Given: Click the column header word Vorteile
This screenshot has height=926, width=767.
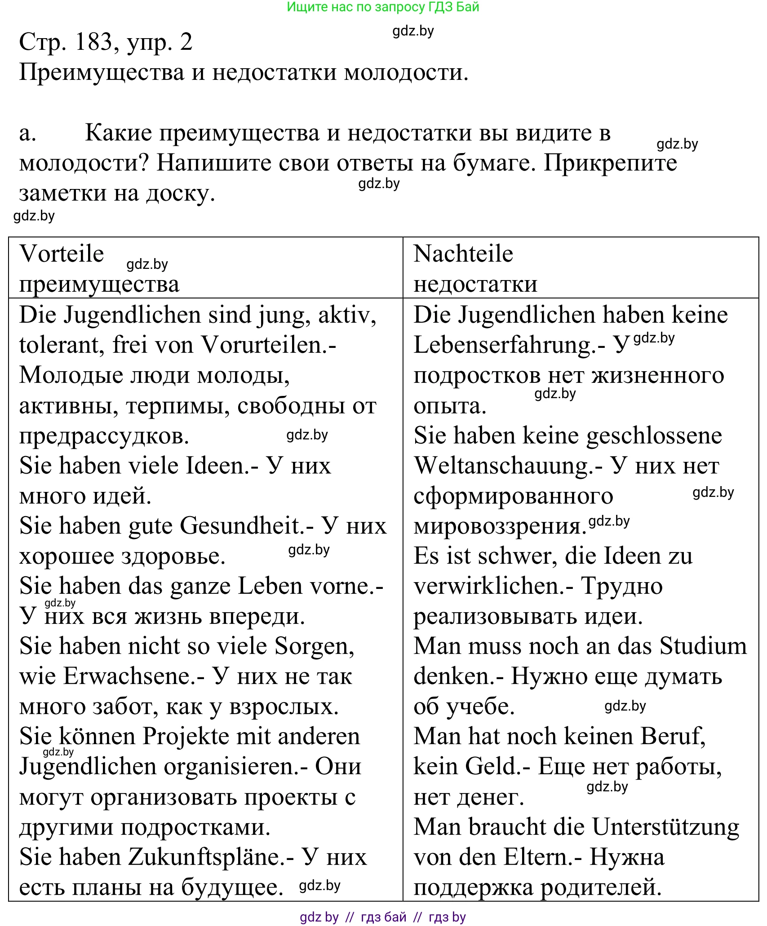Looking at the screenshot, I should coord(62,254).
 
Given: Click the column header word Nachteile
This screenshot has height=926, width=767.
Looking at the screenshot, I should coord(463,254).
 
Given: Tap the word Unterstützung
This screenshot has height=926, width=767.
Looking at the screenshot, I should coord(665,827).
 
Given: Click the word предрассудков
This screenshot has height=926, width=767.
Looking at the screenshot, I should coord(104,436).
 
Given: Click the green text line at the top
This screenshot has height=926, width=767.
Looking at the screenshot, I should coord(383,7).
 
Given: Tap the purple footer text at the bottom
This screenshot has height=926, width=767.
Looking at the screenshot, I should coord(383,917).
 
